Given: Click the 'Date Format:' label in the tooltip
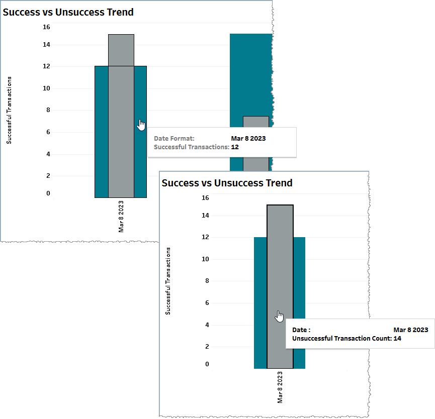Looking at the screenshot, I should (x=174, y=138).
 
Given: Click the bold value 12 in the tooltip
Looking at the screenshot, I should (x=235, y=147).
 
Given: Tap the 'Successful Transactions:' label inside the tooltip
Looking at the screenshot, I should (x=191, y=147).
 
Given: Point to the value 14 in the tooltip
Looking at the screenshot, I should (x=397, y=339).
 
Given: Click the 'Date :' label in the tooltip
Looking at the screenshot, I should (x=302, y=330).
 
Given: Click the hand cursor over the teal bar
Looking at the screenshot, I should (x=141, y=124).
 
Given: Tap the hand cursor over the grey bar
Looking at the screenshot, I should (x=280, y=316).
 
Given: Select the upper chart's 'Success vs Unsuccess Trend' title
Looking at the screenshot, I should (x=68, y=12).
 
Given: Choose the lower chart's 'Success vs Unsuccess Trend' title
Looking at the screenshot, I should (x=227, y=183).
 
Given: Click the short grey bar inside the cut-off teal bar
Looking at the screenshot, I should (x=255, y=141).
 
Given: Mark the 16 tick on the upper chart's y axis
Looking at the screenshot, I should (x=46, y=27).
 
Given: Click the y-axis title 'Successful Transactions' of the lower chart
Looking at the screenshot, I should (x=168, y=281).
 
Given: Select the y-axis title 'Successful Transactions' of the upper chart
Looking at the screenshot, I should (x=10, y=110).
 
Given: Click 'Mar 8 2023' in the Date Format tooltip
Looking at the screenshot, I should (x=248, y=138).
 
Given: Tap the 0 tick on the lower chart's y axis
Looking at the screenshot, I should (x=207, y=364).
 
